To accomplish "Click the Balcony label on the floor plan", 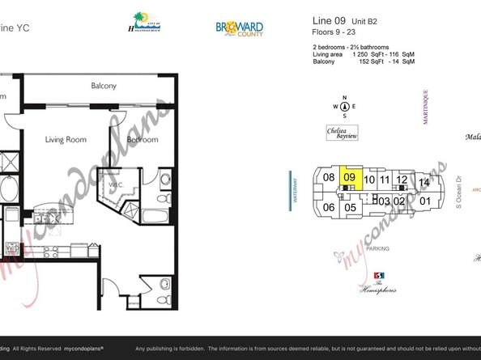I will pyautogui.click(x=104, y=86).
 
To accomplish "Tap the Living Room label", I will pyautogui.click(x=65, y=140).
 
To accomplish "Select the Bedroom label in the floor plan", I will pyautogui.click(x=143, y=140).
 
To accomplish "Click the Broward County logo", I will pyautogui.click(x=239, y=28).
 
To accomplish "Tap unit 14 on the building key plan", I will pyautogui.click(x=424, y=184).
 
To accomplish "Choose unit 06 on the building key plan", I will pyautogui.click(x=329, y=208).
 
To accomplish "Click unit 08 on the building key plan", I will pyautogui.click(x=329, y=178).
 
